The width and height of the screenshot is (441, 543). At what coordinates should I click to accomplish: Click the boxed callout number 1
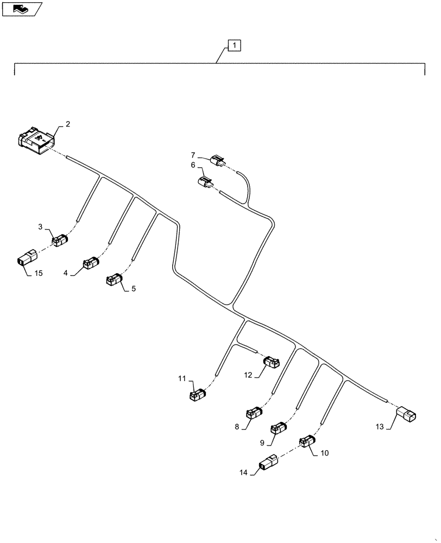pyautogui.click(x=232, y=45)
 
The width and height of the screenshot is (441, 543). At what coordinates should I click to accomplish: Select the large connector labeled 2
pyautogui.click(x=36, y=140)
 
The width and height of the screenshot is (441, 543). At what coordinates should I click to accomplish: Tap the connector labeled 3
pyautogui.click(x=60, y=239)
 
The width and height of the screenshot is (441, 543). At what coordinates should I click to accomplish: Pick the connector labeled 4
pyautogui.click(x=90, y=263)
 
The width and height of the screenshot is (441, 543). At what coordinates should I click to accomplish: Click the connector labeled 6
pyautogui.click(x=206, y=184)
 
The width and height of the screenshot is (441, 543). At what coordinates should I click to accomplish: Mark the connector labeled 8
pyautogui.click(x=254, y=414)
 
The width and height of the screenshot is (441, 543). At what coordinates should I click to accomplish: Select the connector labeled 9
pyautogui.click(x=279, y=428)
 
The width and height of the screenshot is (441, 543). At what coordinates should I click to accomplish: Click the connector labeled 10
pyautogui.click(x=307, y=442)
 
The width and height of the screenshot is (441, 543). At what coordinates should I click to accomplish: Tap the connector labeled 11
pyautogui.click(x=197, y=395)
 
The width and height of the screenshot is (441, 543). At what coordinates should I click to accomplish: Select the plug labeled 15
pyautogui.click(x=25, y=260)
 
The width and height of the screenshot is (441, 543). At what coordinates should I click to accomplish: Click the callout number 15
pyautogui.click(x=38, y=274)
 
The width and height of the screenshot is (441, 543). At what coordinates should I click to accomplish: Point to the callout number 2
pyautogui.click(x=68, y=124)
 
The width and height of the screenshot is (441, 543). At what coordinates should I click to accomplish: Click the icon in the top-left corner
pyautogui.click(x=21, y=8)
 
